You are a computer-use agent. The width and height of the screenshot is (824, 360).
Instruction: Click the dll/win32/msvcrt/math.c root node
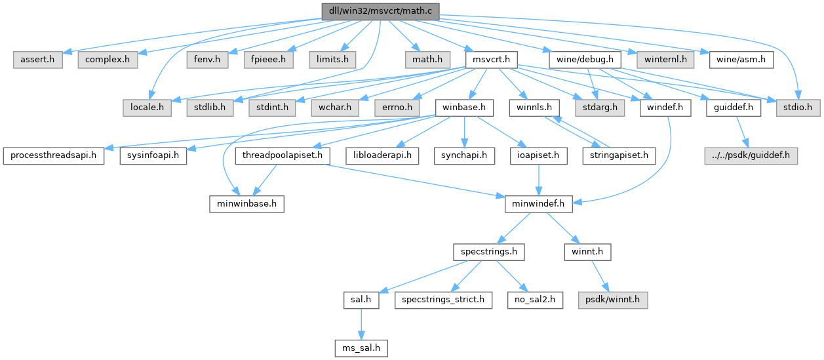pos(380,11)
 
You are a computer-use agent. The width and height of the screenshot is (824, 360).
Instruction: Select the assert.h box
pos(38,59)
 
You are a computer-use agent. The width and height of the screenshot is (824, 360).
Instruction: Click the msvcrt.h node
pos(492,59)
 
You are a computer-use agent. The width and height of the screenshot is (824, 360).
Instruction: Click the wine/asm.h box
pos(741,59)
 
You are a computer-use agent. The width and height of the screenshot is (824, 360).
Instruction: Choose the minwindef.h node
pos(539,204)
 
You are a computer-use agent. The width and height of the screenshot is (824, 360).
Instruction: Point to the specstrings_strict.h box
pos(444,300)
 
